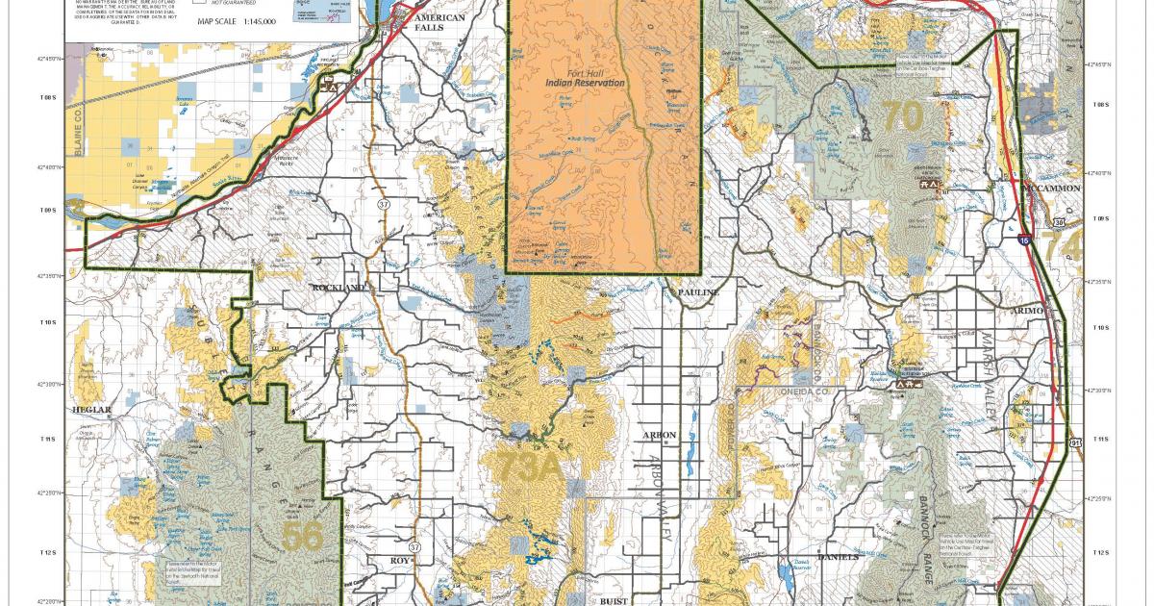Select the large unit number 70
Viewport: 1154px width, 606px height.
point(902,116)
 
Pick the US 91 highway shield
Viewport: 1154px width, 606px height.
point(1076,442)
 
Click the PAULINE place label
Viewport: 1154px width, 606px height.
point(697,290)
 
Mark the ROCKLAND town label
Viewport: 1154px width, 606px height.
point(338,288)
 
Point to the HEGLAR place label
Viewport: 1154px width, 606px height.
point(93,410)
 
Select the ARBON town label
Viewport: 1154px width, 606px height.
point(660,436)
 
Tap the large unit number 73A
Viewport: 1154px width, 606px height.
point(527,467)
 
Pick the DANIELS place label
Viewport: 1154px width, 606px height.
point(836,557)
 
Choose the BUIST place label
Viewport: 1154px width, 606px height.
point(614,599)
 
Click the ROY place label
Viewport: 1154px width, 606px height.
point(400,560)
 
